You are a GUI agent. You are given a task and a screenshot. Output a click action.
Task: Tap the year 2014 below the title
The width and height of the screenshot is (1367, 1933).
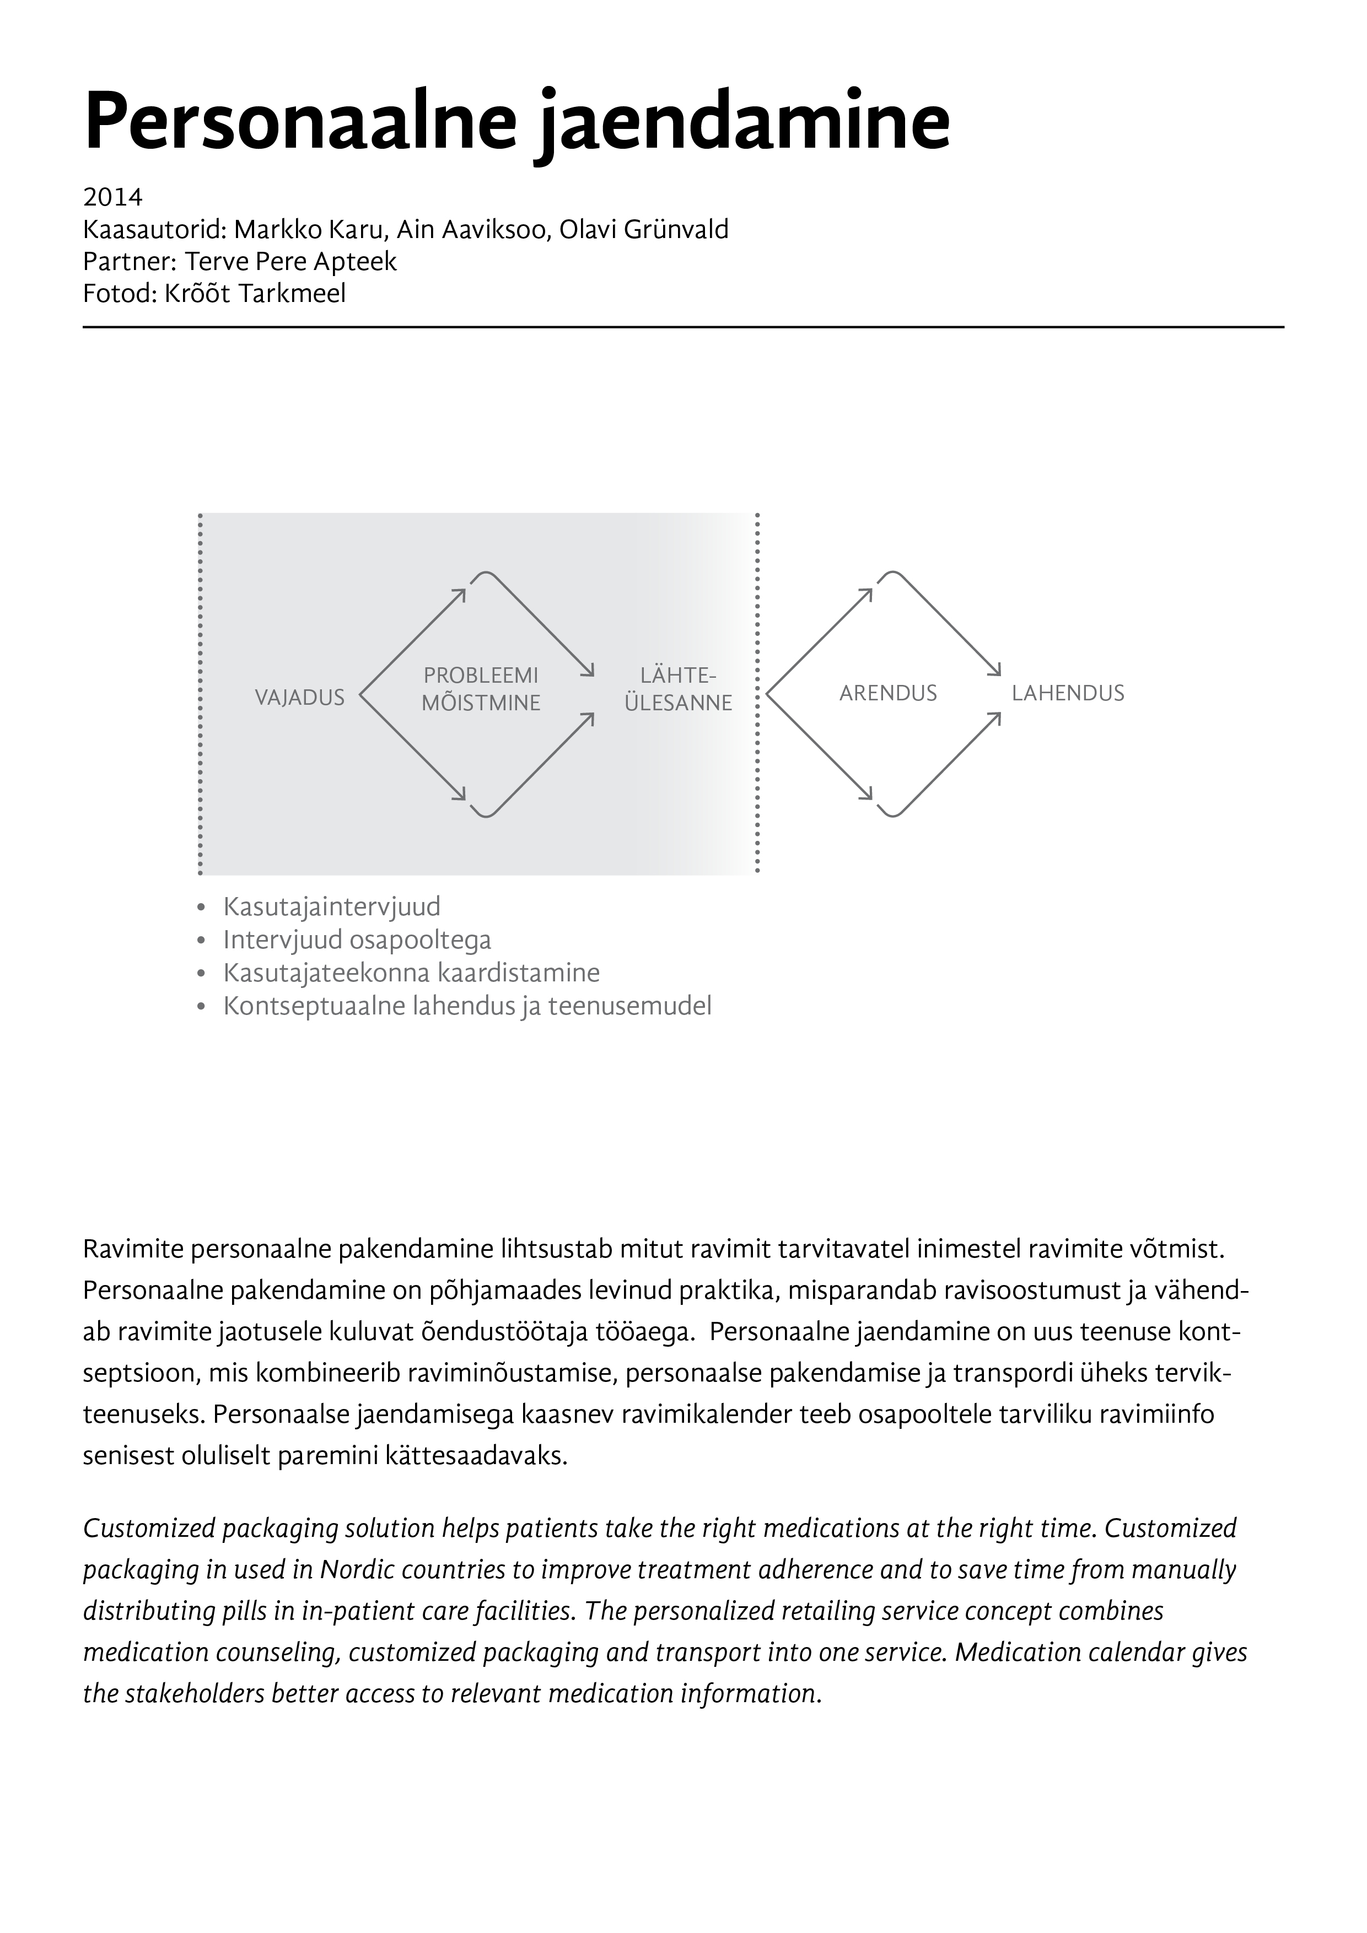click(113, 198)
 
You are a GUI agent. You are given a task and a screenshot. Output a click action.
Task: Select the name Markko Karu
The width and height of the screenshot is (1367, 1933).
click(309, 230)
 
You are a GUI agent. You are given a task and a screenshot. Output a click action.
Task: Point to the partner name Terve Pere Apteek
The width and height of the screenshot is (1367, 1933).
click(290, 262)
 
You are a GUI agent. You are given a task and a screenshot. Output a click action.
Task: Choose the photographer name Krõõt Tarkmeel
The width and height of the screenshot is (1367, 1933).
click(251, 294)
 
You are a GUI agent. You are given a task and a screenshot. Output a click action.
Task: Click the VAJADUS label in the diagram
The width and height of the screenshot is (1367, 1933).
click(300, 697)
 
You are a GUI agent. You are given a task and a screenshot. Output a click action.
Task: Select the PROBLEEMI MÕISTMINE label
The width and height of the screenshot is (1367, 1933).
click(481, 689)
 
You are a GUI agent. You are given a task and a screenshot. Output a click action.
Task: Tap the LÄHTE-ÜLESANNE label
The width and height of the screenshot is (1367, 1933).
click(678, 689)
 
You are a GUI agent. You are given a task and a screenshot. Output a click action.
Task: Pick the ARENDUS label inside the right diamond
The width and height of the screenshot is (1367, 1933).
click(888, 693)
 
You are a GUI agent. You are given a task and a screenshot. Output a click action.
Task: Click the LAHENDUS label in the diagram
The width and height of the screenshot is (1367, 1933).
click(1068, 693)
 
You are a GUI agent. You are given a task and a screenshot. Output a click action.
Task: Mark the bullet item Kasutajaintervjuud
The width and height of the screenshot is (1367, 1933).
click(332, 907)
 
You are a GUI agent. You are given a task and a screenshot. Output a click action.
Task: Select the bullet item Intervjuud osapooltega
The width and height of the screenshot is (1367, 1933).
click(357, 939)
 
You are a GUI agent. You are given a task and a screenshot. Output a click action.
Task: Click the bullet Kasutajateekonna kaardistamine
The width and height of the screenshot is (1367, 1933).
click(411, 973)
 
